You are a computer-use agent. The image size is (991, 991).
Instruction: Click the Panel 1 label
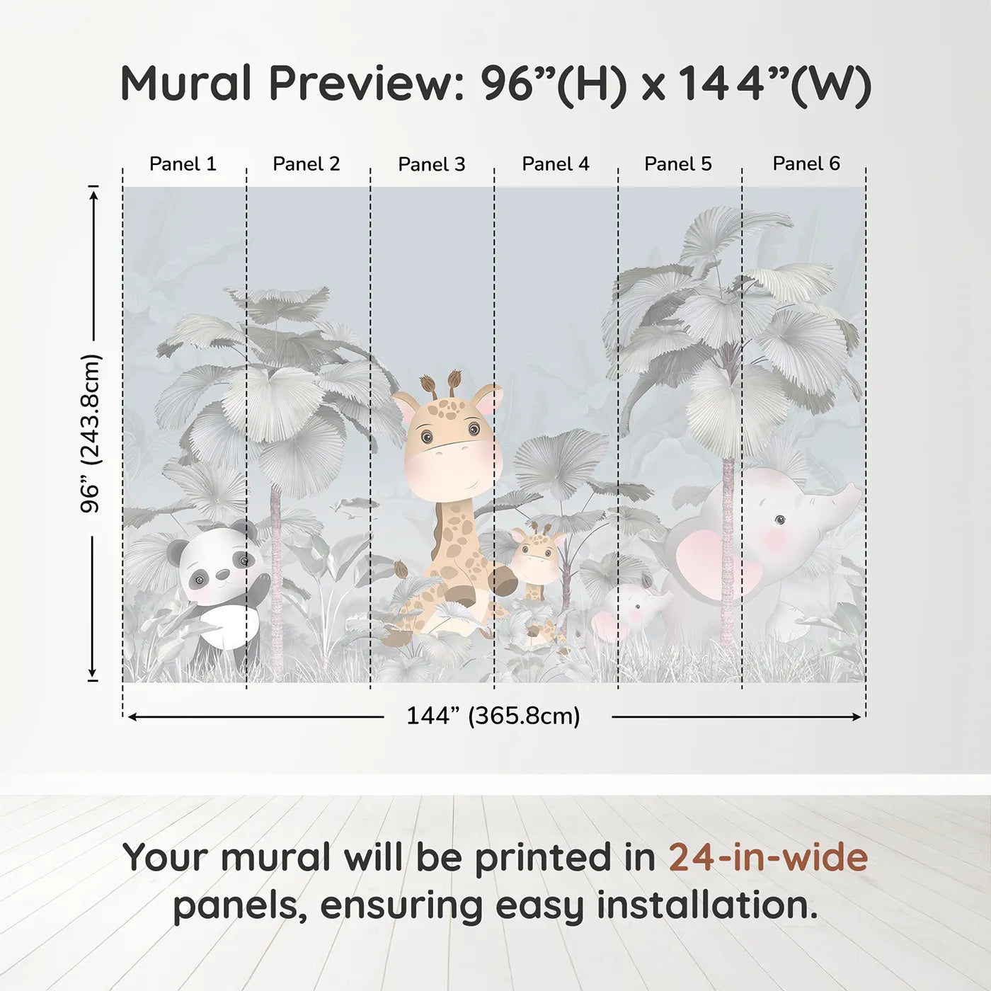coord(183,164)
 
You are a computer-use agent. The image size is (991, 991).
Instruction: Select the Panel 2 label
coord(307,164)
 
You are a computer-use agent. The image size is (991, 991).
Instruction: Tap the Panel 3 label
coord(432,164)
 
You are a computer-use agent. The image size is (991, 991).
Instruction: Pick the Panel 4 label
coord(556,164)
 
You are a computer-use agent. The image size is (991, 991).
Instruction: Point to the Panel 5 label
coord(678,164)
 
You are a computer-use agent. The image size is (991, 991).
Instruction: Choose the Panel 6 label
coord(806,164)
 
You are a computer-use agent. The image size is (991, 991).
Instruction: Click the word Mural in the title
coord(186,84)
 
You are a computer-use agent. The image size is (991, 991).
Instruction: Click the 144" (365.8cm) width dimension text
coord(493,716)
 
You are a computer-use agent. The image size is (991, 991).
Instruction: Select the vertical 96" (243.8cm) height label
coord(91,433)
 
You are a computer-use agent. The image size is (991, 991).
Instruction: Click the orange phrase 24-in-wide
coord(768,857)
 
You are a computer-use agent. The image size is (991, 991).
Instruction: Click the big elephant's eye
coord(779,520)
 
